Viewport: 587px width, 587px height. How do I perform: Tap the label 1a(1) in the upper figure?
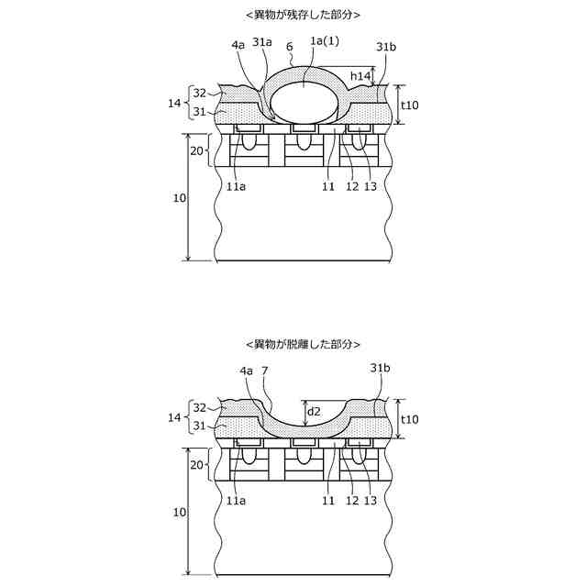[326, 40]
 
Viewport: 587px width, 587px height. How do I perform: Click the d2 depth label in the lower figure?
[314, 411]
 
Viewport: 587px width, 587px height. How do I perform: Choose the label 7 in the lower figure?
[265, 370]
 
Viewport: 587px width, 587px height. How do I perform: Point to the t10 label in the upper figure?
[412, 105]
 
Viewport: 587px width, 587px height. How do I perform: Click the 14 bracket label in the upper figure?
[174, 104]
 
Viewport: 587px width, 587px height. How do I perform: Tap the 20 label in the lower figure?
[195, 465]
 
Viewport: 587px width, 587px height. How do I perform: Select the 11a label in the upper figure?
[236, 184]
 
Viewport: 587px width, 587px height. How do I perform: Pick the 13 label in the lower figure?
[371, 502]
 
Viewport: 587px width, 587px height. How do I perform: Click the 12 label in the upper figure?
[352, 184]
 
